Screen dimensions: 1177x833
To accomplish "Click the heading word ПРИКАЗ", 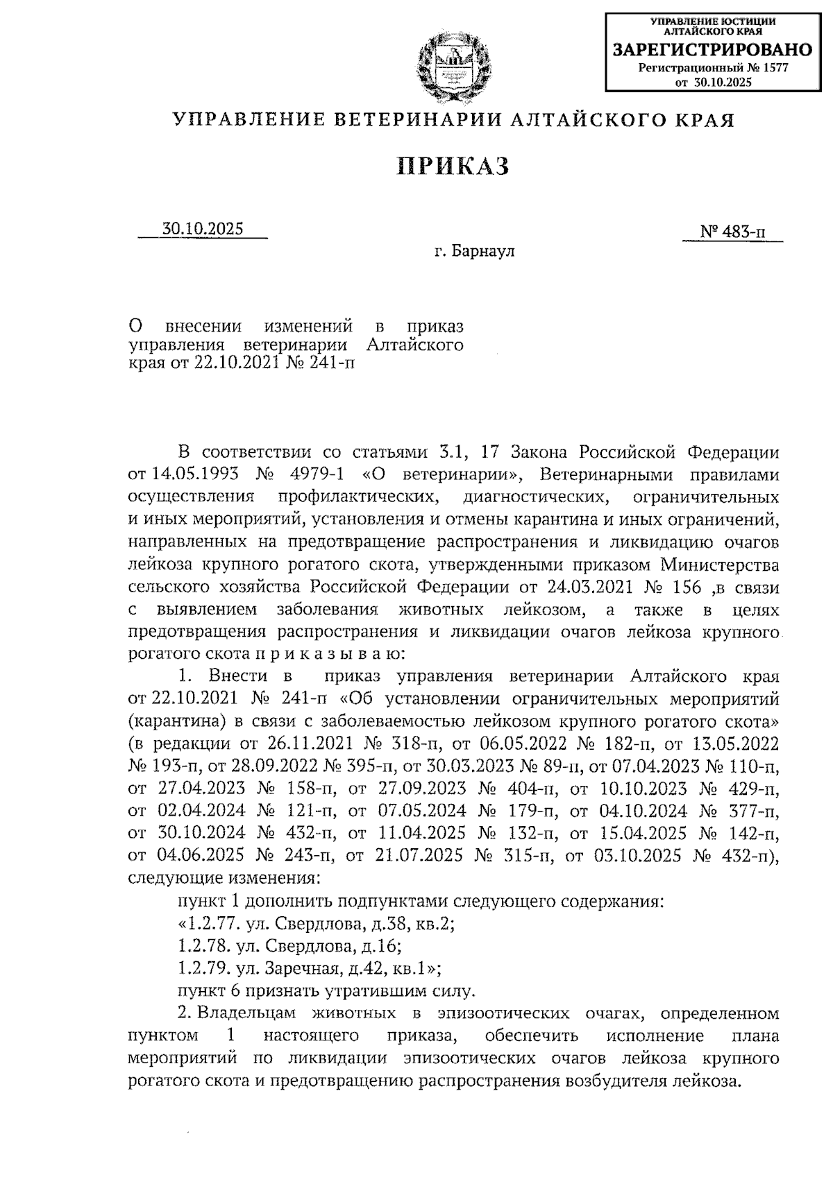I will pyautogui.click(x=453, y=166).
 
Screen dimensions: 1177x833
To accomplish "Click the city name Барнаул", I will pyautogui.click(x=484, y=251).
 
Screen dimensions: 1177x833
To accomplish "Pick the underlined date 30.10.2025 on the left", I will pyautogui.click(x=203, y=229).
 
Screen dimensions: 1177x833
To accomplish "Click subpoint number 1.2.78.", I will pyautogui.click(x=203, y=945).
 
